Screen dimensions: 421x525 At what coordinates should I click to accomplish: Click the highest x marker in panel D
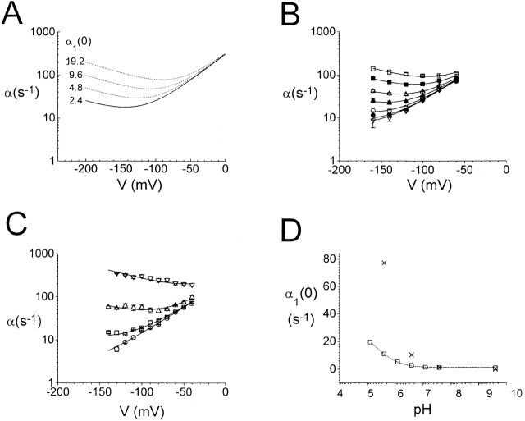coord(383,263)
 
